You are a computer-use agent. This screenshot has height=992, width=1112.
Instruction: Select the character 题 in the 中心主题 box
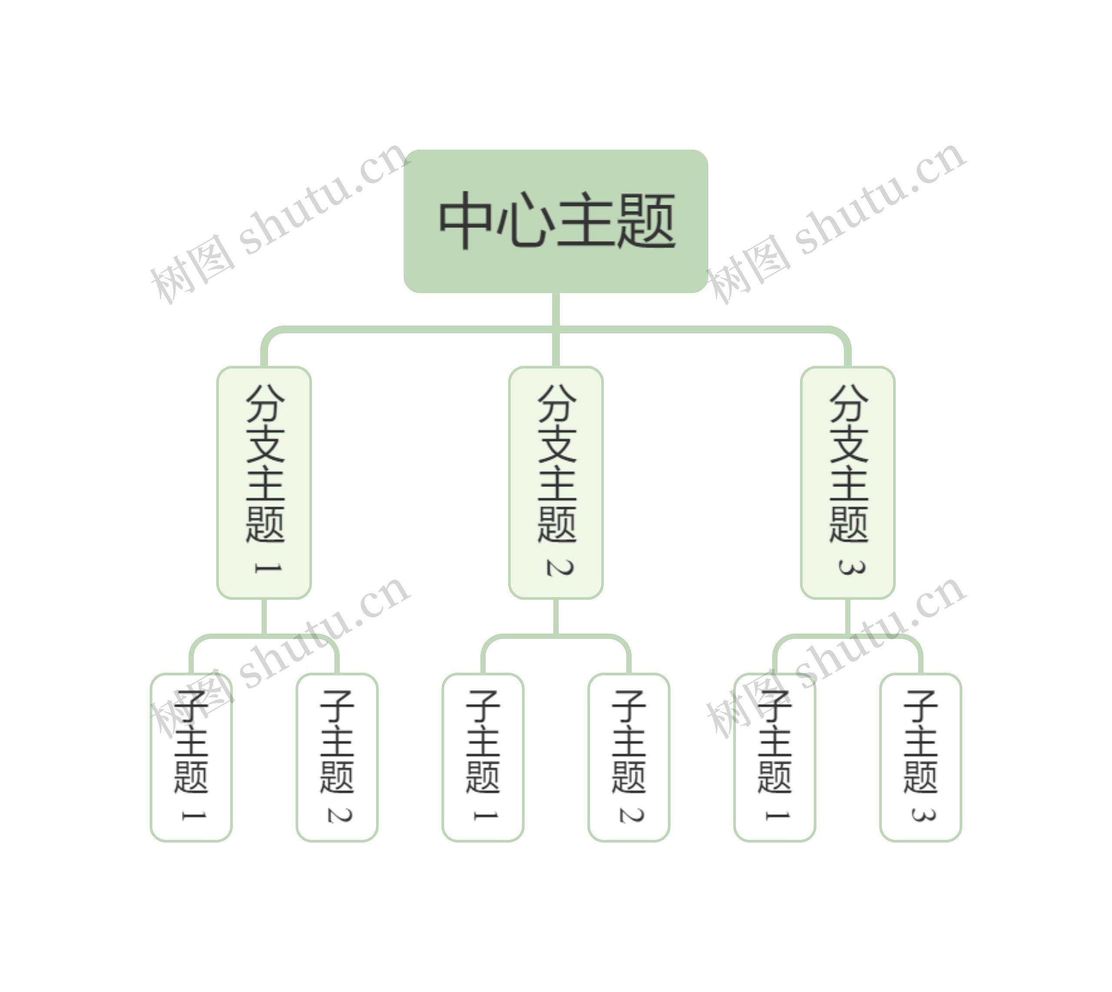[x=646, y=221]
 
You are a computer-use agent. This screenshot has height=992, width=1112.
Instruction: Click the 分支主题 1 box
[x=264, y=482]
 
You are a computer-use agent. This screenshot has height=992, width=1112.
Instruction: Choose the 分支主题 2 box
[x=556, y=482]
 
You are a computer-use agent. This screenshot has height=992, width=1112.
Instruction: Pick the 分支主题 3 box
[x=847, y=482]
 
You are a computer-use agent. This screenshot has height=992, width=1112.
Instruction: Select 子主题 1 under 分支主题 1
[x=191, y=758]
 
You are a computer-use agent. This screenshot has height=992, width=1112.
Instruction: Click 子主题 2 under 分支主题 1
[x=337, y=758]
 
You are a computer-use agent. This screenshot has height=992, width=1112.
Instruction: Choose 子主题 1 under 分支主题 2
[x=483, y=758]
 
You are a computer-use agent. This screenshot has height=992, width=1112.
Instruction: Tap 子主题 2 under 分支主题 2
[x=629, y=758]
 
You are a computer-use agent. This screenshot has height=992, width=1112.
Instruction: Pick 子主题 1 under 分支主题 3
[x=774, y=758]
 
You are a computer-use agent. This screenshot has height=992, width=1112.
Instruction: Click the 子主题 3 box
[x=920, y=758]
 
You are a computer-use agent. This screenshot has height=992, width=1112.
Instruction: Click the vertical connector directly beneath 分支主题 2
[x=556, y=616]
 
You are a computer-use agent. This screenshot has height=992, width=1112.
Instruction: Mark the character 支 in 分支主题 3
[x=849, y=444]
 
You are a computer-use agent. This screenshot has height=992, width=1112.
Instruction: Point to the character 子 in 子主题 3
[x=920, y=706]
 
